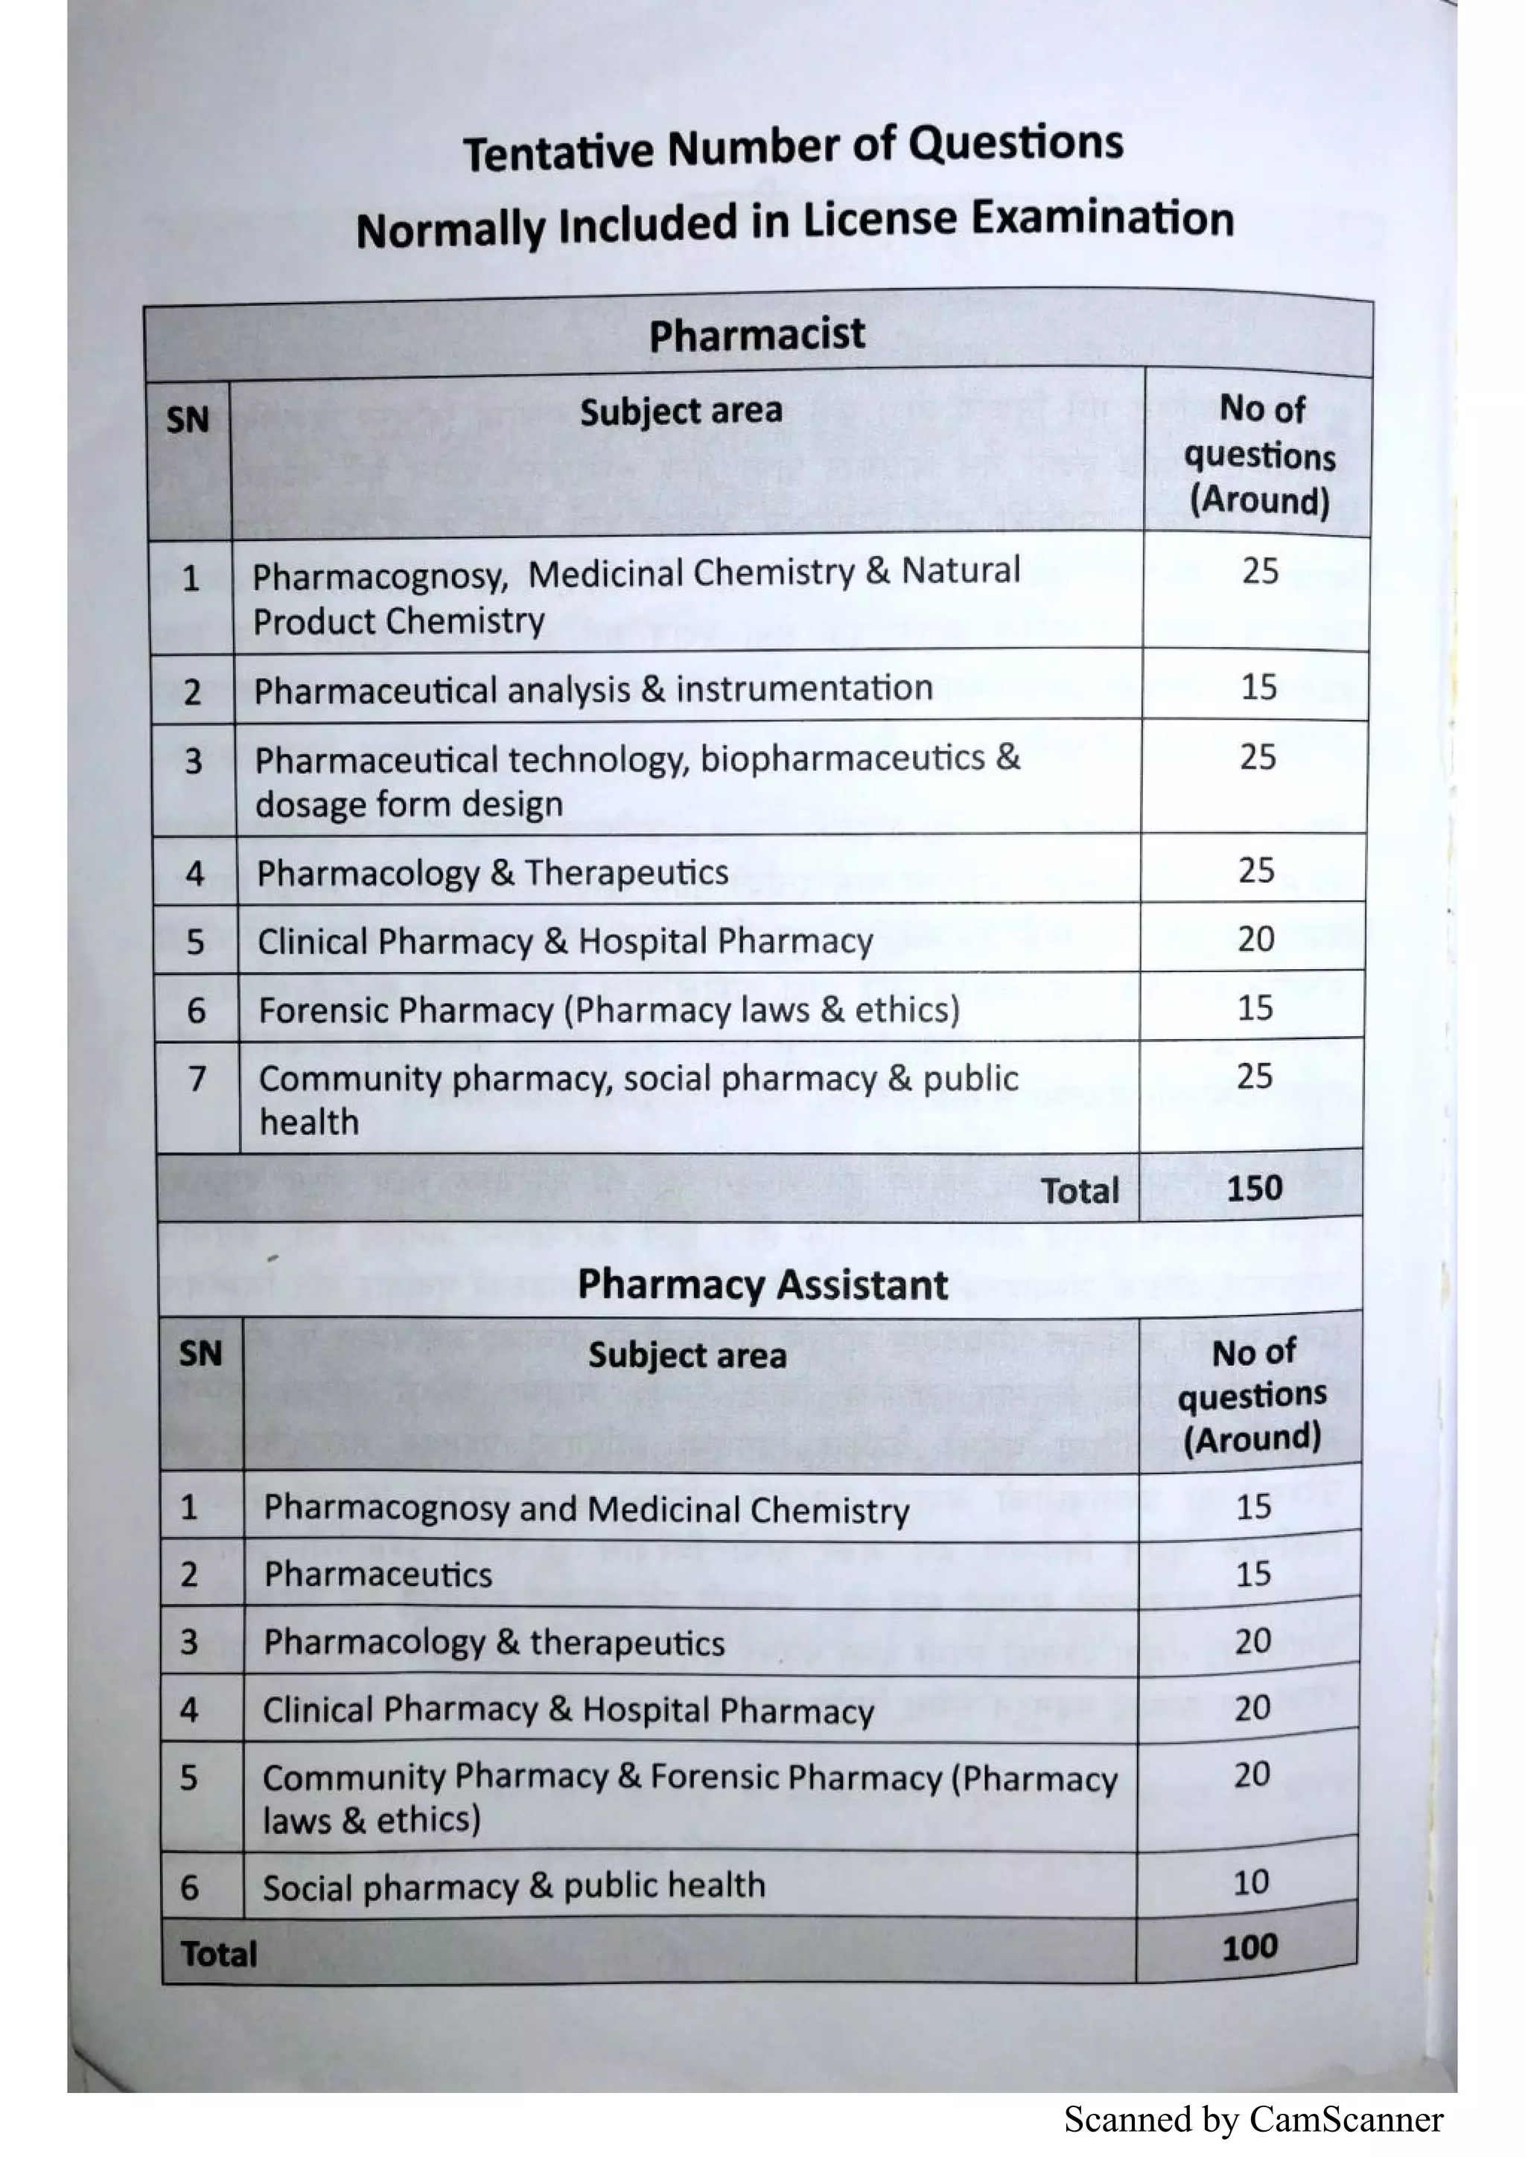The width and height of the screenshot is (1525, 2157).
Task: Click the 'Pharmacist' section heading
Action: pos(757,334)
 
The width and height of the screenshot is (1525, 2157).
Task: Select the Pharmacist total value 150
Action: pos(1255,1189)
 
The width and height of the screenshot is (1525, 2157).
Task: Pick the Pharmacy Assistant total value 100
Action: pos(1249,1948)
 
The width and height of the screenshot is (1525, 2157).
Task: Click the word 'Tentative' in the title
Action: pos(558,152)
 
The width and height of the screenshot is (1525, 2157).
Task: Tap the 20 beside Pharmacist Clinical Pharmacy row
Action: pos(1255,939)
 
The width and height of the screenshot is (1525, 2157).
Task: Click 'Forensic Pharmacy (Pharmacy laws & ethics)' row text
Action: pos(609,1010)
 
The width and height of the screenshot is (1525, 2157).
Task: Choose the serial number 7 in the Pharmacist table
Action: pos(197,1078)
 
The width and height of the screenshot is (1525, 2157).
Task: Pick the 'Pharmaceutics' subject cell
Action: pos(378,1574)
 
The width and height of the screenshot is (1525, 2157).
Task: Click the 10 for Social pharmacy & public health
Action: pos(1251,1882)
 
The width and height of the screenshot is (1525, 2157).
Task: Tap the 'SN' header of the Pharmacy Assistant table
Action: pos(200,1354)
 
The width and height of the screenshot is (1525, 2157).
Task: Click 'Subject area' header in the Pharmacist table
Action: pos(681,412)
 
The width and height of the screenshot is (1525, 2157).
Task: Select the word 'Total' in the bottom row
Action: pos(218,1954)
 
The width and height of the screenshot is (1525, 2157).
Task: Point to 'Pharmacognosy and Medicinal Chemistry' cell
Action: pos(585,1509)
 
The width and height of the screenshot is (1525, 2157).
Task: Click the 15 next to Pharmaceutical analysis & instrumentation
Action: pos(1258,687)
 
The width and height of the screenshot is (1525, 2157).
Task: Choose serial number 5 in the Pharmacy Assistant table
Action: pos(189,1777)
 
